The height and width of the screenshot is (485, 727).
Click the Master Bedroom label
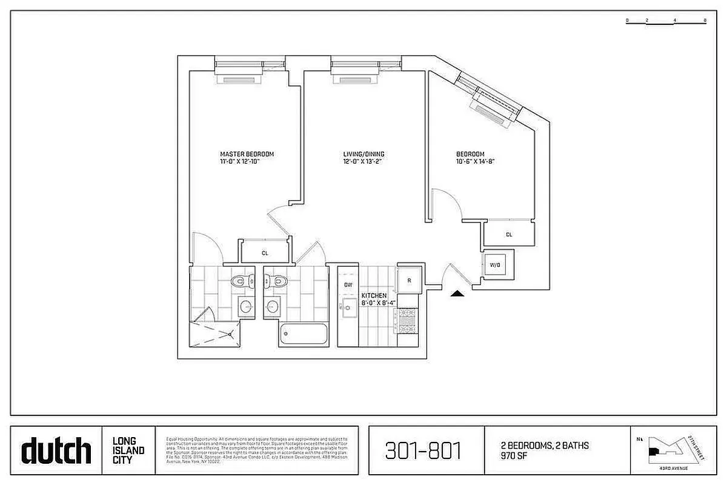(x=242, y=154)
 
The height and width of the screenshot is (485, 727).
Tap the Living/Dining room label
(x=363, y=154)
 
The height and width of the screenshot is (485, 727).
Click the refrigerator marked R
(x=409, y=280)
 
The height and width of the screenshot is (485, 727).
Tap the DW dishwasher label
(x=348, y=284)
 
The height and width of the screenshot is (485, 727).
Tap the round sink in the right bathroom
(x=272, y=306)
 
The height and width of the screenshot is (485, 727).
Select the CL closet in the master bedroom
(x=265, y=253)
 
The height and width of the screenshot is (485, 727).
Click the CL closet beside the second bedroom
(x=508, y=234)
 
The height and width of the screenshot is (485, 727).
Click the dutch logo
(x=56, y=451)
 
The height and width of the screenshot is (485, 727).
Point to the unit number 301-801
(x=423, y=451)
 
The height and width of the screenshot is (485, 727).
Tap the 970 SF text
(x=513, y=455)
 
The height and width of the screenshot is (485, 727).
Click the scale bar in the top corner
(x=666, y=21)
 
